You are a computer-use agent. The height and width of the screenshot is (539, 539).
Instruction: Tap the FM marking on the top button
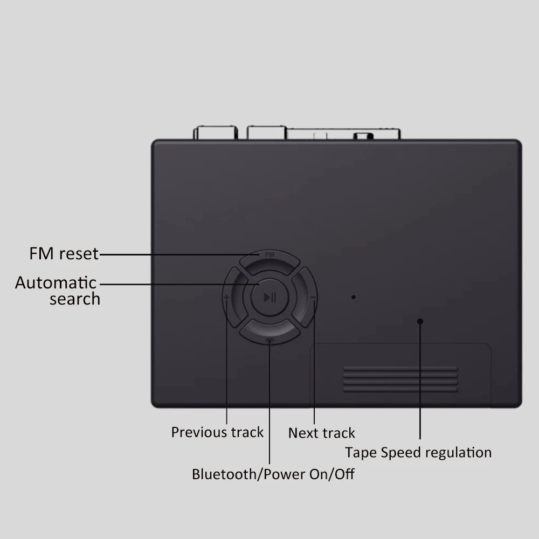tap(270, 253)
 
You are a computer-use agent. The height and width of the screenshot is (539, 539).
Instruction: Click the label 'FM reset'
tap(64, 253)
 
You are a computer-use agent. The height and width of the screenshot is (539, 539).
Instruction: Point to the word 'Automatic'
tap(56, 282)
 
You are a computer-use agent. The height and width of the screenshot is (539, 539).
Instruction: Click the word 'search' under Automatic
tap(75, 299)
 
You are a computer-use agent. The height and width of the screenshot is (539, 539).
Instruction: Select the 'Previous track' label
tap(217, 432)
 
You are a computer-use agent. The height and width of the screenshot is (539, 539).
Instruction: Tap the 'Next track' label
tap(322, 433)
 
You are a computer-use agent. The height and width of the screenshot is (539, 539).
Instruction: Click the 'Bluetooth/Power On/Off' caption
tap(273, 474)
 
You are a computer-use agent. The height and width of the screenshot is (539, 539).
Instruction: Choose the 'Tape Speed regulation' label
tap(418, 452)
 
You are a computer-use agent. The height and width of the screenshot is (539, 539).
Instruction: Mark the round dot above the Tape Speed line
tap(420, 322)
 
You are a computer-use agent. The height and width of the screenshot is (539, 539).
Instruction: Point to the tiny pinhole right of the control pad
tap(354, 297)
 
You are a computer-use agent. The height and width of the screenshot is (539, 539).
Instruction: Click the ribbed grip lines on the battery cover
tap(400, 379)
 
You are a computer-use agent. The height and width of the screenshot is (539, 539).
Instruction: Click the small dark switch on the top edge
tap(363, 135)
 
